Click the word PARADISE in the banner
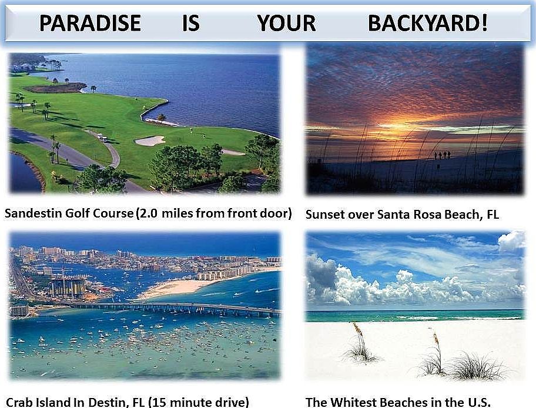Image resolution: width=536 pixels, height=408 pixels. [90, 24]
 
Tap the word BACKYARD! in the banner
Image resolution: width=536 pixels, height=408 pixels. [428, 24]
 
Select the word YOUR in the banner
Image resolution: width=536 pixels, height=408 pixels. [286, 24]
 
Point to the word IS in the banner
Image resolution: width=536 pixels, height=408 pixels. [191, 24]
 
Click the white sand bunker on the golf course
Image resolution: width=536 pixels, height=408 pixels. [150, 141]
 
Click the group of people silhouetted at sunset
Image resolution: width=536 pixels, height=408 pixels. [443, 155]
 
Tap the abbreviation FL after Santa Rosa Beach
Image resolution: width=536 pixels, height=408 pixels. [493, 215]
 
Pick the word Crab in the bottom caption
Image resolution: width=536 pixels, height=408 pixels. [19, 402]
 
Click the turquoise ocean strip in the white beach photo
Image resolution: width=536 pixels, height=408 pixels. [414, 315]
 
